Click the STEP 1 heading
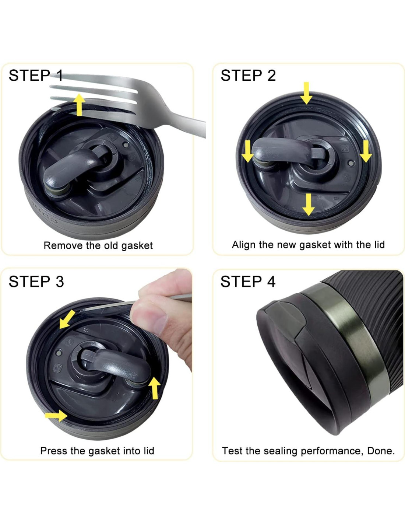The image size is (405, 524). coord(36,75)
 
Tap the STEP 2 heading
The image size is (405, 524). coord(248,75)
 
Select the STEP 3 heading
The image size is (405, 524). coord(36,282)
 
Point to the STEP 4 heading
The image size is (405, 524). coord(248,282)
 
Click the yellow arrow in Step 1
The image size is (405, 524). coord(79,105)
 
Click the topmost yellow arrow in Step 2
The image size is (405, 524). coord(306,93)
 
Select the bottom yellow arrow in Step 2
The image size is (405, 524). coord(309,205)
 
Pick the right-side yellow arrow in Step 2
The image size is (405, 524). coord(366,151)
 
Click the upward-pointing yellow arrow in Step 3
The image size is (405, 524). coord(155,388)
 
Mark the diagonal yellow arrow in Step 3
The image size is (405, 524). coord(67,319)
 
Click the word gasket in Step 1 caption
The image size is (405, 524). coord(137,246)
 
